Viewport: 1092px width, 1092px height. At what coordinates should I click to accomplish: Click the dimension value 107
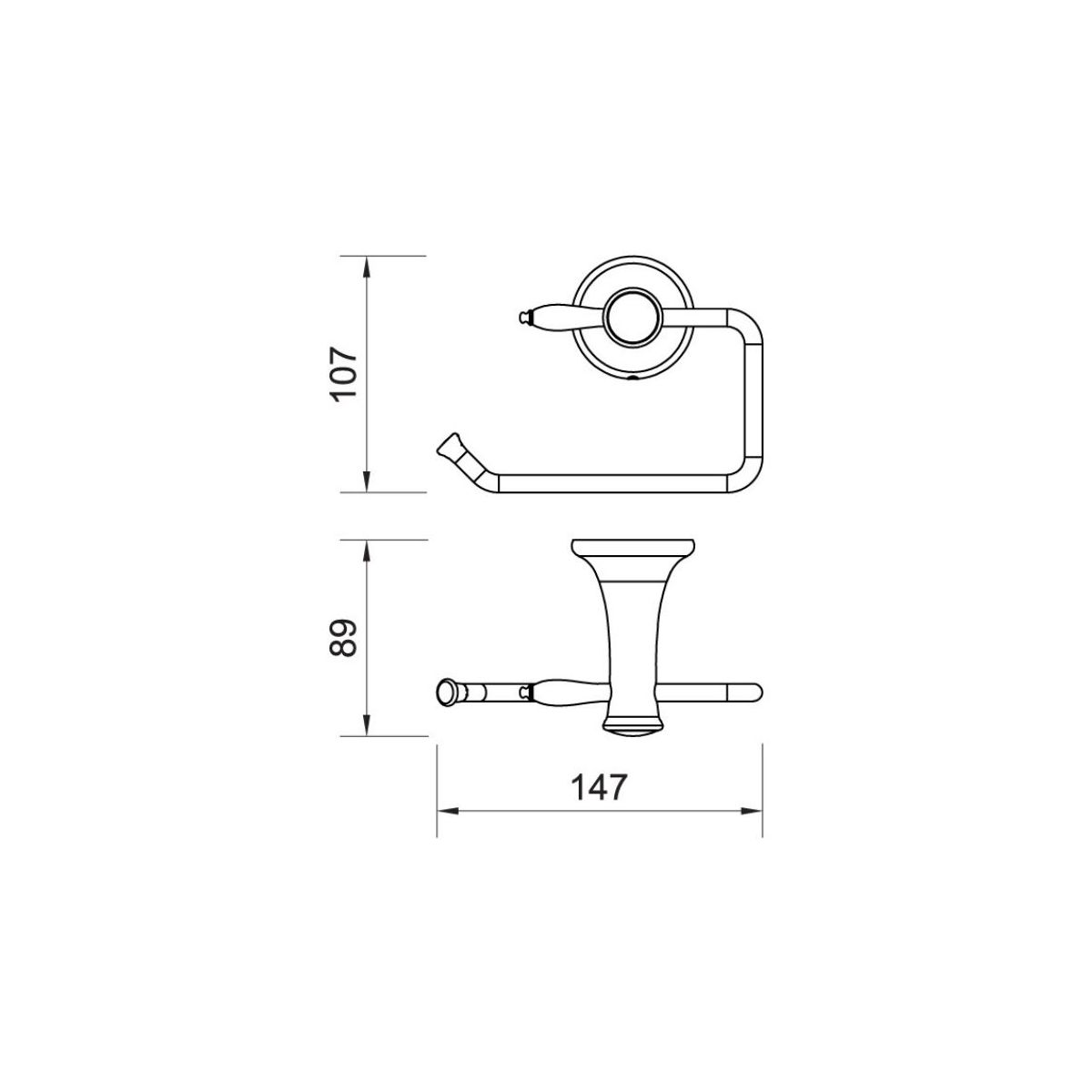pos(344,374)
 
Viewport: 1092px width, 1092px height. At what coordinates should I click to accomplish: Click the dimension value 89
pos(344,638)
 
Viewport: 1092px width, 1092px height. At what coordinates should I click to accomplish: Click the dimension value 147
pos(600,788)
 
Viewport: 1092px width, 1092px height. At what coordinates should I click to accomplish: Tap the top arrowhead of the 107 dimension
pos(367,268)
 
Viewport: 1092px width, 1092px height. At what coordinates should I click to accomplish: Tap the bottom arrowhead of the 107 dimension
pos(367,481)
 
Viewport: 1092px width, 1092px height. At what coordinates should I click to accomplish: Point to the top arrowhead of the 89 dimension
pos(367,551)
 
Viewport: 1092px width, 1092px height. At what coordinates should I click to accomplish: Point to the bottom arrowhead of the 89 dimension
pos(367,724)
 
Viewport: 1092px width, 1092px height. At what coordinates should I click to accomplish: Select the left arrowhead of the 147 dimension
pos(448,811)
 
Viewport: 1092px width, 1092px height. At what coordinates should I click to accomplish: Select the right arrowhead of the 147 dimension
pos(752,811)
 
